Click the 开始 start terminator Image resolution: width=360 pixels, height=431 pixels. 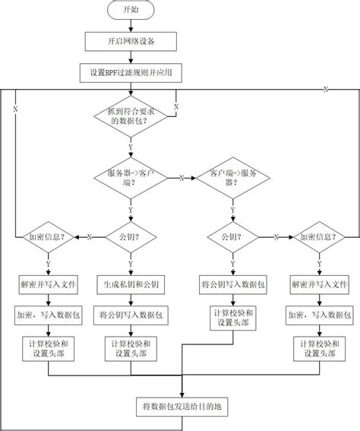point(131,11)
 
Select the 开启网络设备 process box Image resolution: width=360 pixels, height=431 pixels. point(131,40)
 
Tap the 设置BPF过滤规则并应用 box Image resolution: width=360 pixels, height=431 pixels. point(131,72)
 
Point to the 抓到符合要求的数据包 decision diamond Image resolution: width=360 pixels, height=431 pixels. point(131,116)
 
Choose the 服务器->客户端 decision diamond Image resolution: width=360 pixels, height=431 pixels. point(131,177)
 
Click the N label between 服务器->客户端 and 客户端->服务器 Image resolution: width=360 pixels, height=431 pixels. point(182,178)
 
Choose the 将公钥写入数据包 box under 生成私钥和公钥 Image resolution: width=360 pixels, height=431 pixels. point(131,313)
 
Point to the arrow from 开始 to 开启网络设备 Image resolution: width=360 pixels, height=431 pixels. point(131,25)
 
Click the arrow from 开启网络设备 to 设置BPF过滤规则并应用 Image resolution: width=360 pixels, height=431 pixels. point(131,55)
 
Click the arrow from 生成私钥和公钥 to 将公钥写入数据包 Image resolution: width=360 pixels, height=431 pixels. point(131,299)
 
